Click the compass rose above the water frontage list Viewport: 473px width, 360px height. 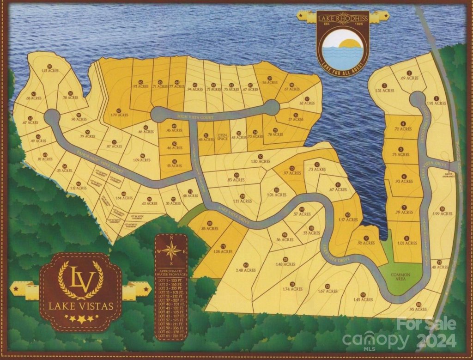pyautogui.click(x=171, y=252)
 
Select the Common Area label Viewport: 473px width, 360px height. pyautogui.click(x=400, y=277)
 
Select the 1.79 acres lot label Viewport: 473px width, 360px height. pyautogui.click(x=120, y=115)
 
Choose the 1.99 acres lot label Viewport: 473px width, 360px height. pyautogui.click(x=440, y=214)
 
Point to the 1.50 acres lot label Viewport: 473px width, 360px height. pyautogui.click(x=261, y=161)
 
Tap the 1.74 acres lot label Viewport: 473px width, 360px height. pyautogui.click(x=293, y=289)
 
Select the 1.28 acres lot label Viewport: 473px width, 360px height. pyautogui.click(x=223, y=251)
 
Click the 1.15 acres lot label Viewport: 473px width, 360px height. pyautogui.click(x=50, y=71)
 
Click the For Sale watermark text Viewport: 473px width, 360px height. pyautogui.click(x=426, y=323)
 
